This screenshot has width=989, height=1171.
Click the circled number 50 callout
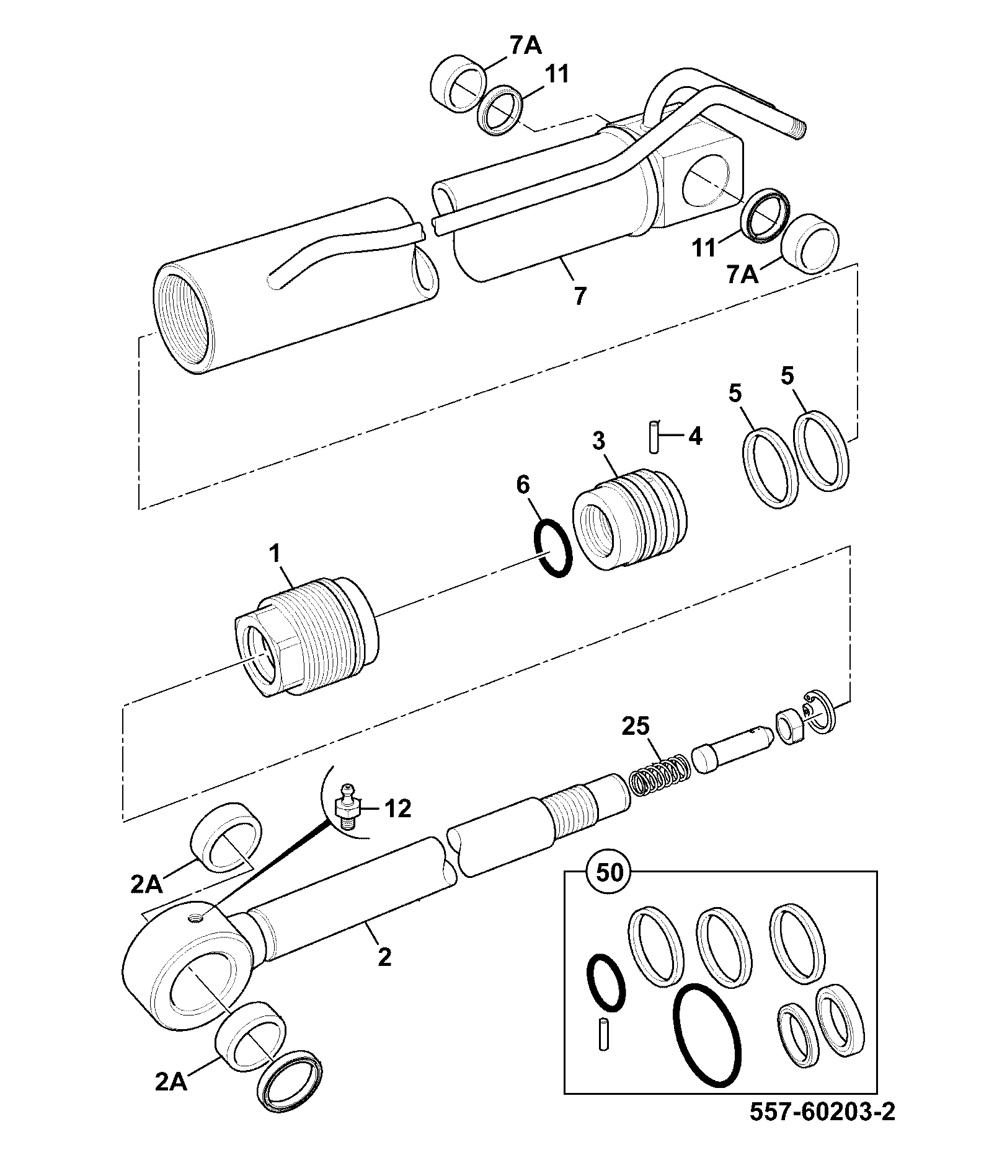pyautogui.click(x=609, y=873)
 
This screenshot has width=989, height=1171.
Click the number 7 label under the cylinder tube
pyautogui.click(x=579, y=296)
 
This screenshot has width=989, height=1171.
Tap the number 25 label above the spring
pyautogui.click(x=636, y=726)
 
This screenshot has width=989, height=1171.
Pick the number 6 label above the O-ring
pyautogui.click(x=523, y=486)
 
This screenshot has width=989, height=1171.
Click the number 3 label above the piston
pyautogui.click(x=598, y=441)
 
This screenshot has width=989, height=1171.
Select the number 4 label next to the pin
pyautogui.click(x=695, y=437)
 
